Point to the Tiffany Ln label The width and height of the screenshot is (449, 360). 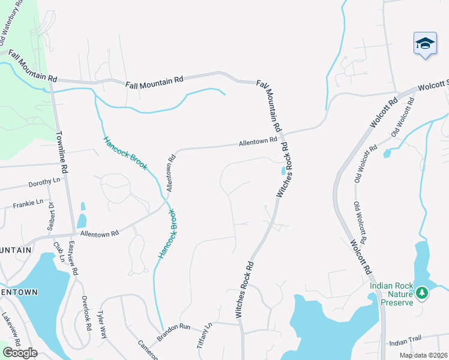[x=205, y=336]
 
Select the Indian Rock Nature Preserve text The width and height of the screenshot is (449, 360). [x=391, y=294]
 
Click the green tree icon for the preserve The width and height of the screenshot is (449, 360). [x=422, y=292]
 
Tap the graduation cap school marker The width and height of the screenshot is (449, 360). [x=424, y=44]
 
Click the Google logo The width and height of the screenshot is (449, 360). [x=20, y=353]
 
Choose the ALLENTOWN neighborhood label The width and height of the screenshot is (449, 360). [x=19, y=292]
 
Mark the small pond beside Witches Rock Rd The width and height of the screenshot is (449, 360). [x=283, y=172]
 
